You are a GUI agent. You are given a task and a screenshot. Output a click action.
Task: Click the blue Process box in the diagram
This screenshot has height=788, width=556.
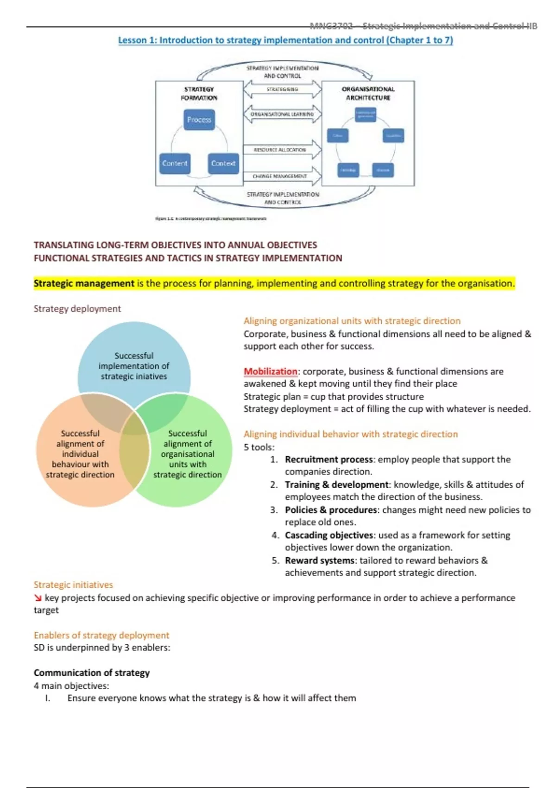tap(199, 120)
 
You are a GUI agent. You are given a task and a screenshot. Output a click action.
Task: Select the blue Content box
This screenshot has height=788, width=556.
tap(175, 164)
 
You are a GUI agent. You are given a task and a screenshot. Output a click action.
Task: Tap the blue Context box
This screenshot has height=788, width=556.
tap(223, 164)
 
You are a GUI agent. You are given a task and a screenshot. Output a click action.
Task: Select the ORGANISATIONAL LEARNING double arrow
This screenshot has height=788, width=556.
tap(282, 114)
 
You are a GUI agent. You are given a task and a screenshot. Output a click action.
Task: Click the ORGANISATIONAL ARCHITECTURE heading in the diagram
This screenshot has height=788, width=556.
tap(368, 93)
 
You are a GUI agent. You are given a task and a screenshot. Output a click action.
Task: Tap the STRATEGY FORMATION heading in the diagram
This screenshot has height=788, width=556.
tap(199, 93)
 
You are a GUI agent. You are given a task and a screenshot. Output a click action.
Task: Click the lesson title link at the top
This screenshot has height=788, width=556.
tap(285, 40)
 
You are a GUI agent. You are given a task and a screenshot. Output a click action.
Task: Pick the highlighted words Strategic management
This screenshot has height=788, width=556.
tap(84, 283)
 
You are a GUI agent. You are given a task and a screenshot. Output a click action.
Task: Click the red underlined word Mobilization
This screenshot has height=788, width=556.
tap(271, 371)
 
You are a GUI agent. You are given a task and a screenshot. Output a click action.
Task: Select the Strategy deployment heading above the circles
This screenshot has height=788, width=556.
tap(77, 309)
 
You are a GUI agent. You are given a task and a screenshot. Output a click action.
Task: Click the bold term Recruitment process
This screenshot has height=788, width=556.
tap(329, 459)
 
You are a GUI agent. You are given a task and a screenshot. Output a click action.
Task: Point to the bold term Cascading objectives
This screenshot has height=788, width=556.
tap(329, 535)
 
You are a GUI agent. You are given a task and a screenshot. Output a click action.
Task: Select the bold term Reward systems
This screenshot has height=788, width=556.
tap(320, 560)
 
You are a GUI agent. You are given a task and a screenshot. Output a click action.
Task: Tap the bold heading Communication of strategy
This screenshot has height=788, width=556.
tap(92, 673)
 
